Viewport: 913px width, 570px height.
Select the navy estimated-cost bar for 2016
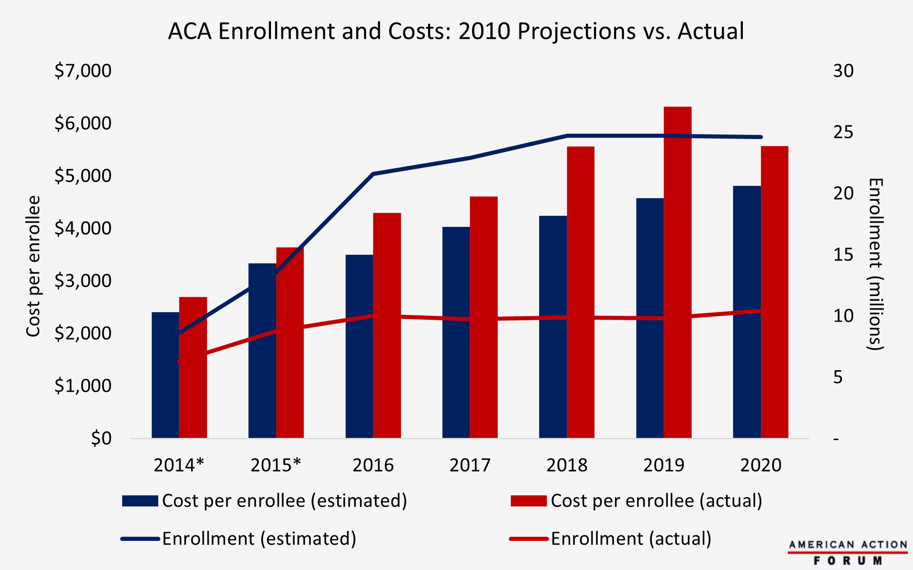tap(359, 346)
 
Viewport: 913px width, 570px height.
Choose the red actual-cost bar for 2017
tap(484, 317)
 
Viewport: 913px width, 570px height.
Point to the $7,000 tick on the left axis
tap(83, 71)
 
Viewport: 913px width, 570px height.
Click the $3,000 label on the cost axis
tap(83, 281)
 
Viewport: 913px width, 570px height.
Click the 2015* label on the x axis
tap(276, 465)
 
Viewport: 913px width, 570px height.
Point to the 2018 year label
tap(567, 465)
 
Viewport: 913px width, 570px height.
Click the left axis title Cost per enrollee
tap(33, 266)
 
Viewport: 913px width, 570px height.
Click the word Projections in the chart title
tap(576, 32)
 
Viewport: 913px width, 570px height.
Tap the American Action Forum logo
tap(848, 552)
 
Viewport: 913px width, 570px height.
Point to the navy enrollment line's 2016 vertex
tap(374, 174)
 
